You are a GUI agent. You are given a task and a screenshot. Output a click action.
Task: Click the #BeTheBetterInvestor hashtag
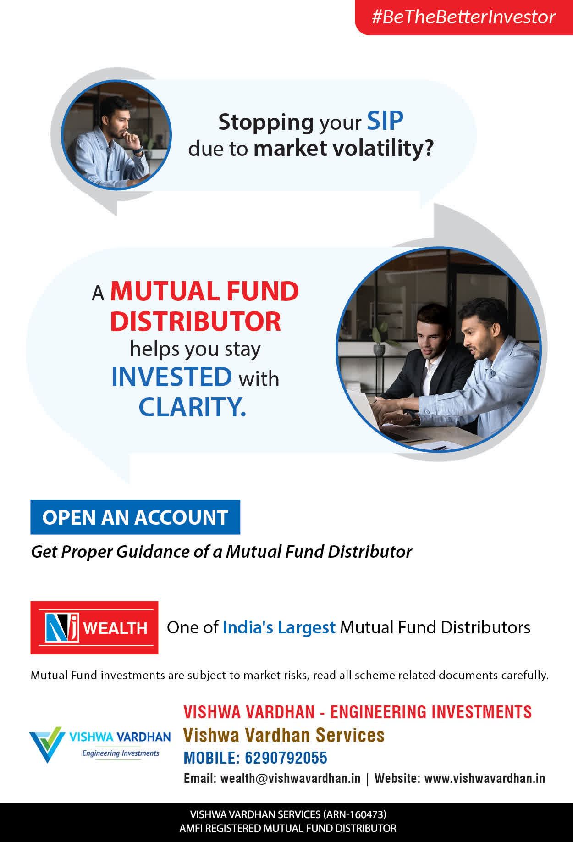463,17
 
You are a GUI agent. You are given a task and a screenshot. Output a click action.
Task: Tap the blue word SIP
385,121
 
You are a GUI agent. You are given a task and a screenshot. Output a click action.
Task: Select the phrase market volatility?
343,148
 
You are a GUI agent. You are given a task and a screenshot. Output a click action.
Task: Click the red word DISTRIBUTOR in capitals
195,321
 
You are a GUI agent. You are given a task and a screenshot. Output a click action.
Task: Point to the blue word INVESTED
172,377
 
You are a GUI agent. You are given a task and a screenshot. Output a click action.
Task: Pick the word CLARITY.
192,407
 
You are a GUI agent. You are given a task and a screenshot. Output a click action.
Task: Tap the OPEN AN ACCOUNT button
135,517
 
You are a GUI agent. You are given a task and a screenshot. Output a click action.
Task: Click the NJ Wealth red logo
94,627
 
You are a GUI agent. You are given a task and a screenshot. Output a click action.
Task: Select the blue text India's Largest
279,627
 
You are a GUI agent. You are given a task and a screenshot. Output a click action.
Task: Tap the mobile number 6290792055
286,758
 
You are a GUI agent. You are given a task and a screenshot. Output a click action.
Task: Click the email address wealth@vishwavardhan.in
291,778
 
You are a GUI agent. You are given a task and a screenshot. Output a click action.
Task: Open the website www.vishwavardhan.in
485,778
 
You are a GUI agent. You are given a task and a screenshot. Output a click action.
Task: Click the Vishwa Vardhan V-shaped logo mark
46,744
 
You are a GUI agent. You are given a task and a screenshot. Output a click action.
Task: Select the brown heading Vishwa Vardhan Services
284,735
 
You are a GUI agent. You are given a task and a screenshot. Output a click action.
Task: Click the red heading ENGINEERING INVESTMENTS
431,712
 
